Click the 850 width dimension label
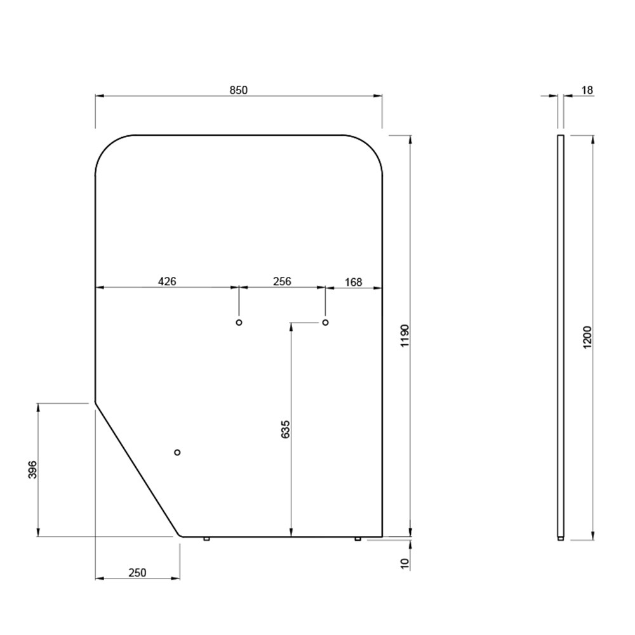click(x=239, y=90)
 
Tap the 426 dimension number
click(x=167, y=281)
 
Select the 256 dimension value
click(x=282, y=281)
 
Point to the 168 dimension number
click(x=353, y=282)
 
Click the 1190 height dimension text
click(x=405, y=336)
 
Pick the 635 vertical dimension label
click(x=286, y=429)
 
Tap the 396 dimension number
click(x=32, y=469)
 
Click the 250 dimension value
click(x=137, y=573)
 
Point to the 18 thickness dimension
click(x=587, y=90)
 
